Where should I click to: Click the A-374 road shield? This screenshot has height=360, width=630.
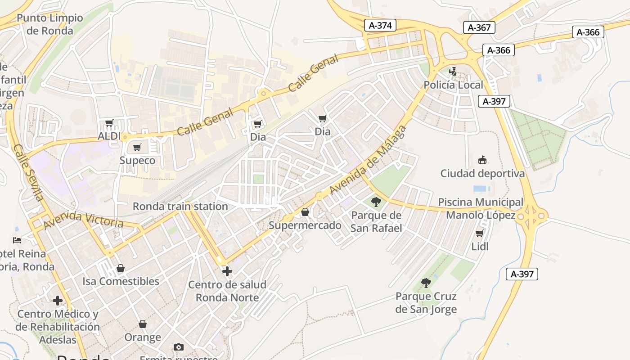pos(380,26)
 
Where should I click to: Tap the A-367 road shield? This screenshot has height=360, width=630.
pos(479,27)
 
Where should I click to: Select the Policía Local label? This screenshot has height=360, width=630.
pos(453,85)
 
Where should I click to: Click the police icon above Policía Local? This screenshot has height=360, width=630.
pos(453,71)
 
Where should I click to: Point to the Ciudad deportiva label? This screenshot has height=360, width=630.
pos(482,173)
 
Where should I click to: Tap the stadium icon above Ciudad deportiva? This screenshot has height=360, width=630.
pos(482,160)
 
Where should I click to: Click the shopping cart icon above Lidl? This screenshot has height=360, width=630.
pos(480,233)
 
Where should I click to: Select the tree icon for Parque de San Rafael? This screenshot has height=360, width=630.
pos(376,202)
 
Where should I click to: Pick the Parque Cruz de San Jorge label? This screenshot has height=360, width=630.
pos(426,303)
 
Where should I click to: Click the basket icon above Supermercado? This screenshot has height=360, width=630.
pos(305,212)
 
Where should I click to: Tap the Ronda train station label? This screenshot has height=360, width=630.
pos(180,207)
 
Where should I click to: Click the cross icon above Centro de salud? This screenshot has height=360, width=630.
pos(227,271)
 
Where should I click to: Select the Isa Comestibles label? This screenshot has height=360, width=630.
pos(121,281)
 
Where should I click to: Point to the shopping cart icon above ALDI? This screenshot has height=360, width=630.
pos(109,123)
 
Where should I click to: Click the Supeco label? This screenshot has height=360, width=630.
pos(137,161)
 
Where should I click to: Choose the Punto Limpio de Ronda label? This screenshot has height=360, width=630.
pos(49,24)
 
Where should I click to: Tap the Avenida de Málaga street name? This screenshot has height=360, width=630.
pos(368,161)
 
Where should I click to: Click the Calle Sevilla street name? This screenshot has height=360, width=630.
pos(28,172)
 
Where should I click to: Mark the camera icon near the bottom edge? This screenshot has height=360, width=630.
pos(179,347)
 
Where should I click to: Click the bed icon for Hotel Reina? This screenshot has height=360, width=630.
pos(17,240)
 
